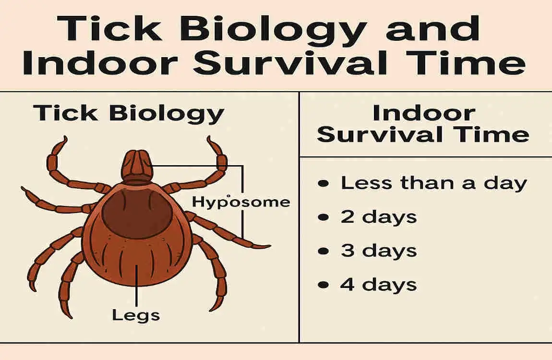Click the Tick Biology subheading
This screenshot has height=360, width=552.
click(129, 114)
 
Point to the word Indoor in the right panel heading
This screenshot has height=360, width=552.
click(424, 113)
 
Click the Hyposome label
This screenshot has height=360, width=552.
click(241, 202)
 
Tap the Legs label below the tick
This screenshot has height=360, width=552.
click(136, 315)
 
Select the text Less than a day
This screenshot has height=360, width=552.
click(433, 183)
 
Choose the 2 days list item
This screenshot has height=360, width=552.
click(378, 217)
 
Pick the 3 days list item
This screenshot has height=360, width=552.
click(378, 251)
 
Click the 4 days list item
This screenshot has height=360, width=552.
click(378, 285)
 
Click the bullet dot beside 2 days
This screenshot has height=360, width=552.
click(324, 217)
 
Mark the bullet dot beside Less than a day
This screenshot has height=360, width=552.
click(324, 183)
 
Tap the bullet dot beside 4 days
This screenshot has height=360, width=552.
click(324, 285)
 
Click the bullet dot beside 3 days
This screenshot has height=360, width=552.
click(324, 251)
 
